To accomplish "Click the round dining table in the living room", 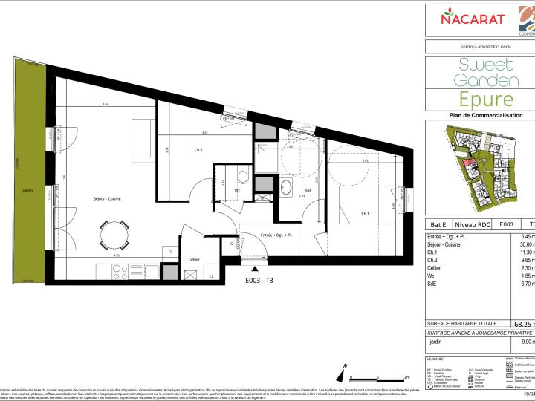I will pos(113,236).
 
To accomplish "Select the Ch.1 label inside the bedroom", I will pos(365,214).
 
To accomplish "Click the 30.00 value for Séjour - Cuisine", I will pos(527,244).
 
